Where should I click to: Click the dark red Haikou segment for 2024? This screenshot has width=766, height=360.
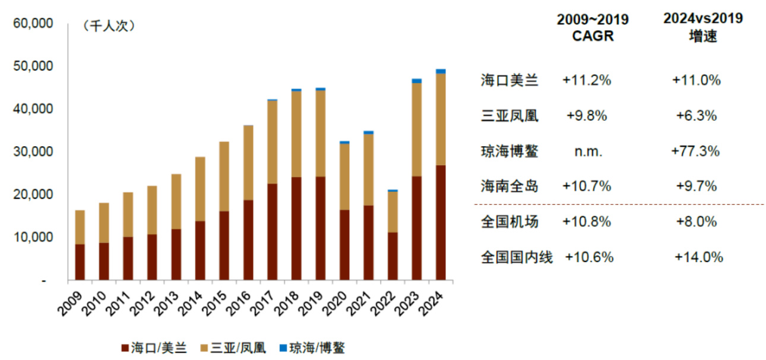click(441, 222)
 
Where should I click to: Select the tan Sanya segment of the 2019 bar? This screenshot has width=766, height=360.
click(320, 133)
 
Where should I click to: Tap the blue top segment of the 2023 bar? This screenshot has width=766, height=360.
click(417, 81)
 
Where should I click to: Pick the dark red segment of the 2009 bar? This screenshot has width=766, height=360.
click(80, 262)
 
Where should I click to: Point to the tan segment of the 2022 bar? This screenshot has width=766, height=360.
click(393, 211)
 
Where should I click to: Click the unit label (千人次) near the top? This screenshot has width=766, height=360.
click(110, 26)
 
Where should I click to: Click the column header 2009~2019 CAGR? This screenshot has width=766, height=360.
click(592, 27)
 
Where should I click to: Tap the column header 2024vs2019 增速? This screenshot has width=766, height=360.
click(703, 27)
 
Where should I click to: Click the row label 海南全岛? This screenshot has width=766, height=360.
click(509, 187)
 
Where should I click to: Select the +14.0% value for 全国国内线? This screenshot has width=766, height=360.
click(699, 257)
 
